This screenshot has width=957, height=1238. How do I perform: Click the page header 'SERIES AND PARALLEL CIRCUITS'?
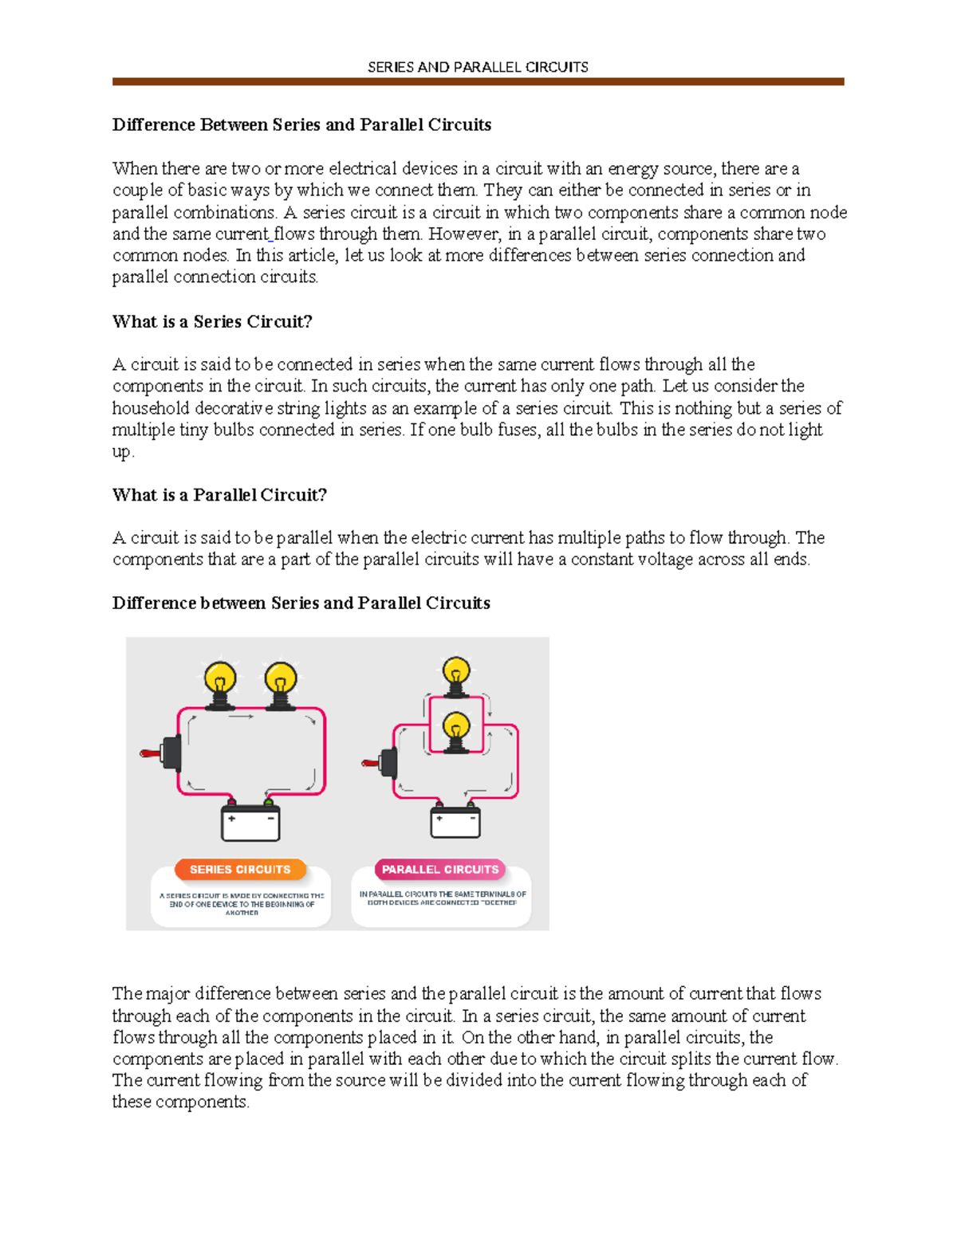pyautogui.click(x=478, y=68)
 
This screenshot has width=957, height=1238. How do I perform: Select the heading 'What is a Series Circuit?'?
pyautogui.click(x=212, y=322)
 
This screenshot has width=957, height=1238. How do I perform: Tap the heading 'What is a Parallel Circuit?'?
pyautogui.click(x=219, y=495)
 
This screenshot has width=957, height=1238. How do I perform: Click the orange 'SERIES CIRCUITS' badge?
pyautogui.click(x=240, y=870)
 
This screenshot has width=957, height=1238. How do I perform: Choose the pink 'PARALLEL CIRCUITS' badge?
pyautogui.click(x=440, y=870)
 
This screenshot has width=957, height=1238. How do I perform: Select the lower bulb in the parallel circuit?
pyautogui.click(x=456, y=729)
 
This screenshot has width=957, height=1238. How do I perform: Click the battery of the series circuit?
pyautogui.click(x=250, y=823)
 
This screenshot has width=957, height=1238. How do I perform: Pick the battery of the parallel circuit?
pyautogui.click(x=455, y=822)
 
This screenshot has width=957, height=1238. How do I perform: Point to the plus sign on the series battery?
pyautogui.click(x=232, y=819)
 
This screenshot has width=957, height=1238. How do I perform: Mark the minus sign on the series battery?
pyautogui.click(x=270, y=819)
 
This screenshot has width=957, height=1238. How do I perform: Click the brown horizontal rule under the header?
pyautogui.click(x=478, y=81)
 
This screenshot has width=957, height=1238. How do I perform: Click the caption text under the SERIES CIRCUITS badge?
pyautogui.click(x=242, y=904)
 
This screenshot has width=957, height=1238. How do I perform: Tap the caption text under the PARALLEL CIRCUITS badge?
pyautogui.click(x=443, y=898)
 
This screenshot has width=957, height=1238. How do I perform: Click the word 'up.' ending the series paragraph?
pyautogui.click(x=123, y=452)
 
